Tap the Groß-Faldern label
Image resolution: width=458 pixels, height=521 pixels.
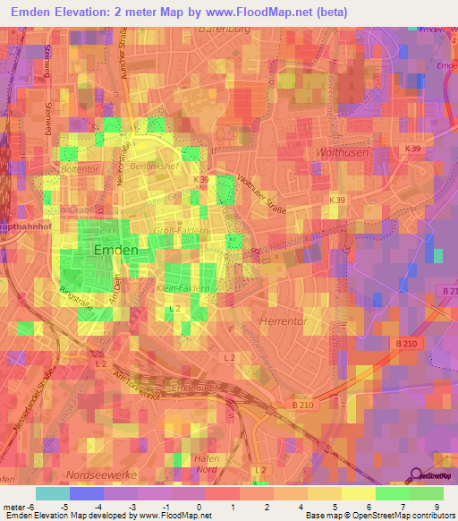pyautogui.click(x=182, y=230)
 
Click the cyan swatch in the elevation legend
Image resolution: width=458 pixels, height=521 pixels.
pyautogui.click(x=53, y=493)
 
